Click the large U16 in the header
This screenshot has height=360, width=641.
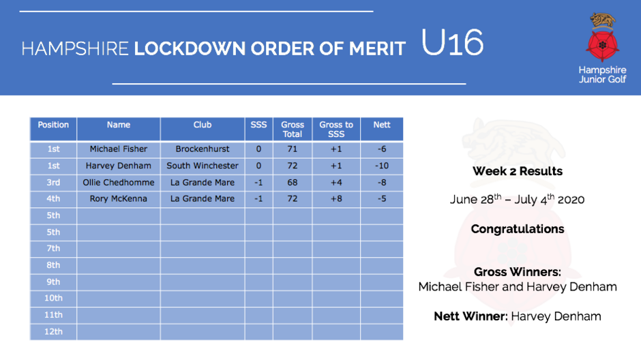(x=452, y=42)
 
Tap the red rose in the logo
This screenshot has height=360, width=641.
(x=602, y=45)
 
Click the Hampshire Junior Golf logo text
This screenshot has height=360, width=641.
(x=602, y=75)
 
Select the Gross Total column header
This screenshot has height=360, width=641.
(x=293, y=129)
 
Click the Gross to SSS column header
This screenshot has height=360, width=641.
(x=336, y=129)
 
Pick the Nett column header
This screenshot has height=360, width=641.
(x=382, y=125)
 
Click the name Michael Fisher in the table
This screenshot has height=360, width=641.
(x=119, y=149)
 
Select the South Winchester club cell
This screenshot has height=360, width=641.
(x=203, y=166)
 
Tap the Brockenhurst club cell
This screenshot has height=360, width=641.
(x=203, y=149)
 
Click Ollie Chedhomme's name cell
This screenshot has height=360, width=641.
(x=119, y=182)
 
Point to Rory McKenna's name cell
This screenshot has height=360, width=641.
(x=119, y=198)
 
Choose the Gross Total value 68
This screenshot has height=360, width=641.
(x=293, y=182)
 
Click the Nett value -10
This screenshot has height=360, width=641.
(x=382, y=166)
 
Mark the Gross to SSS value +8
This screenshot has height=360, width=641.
(x=336, y=198)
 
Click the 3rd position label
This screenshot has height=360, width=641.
(x=53, y=182)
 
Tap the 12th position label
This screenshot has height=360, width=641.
(x=53, y=331)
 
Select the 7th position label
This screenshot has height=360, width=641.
(x=53, y=248)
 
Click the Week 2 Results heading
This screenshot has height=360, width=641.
(x=518, y=171)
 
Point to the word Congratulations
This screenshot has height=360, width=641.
(x=518, y=229)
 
